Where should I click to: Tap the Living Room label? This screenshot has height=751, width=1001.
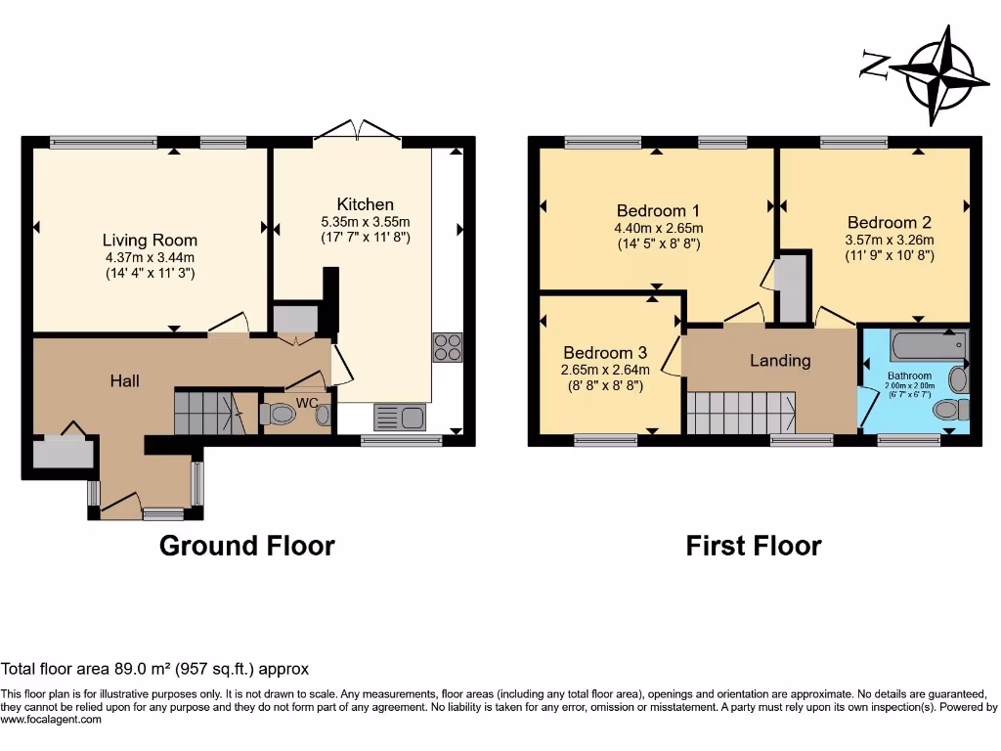150,240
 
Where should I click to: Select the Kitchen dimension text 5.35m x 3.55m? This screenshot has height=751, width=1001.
366,221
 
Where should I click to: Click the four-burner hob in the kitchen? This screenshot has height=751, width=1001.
447,347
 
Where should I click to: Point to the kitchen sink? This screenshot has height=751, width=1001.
399,418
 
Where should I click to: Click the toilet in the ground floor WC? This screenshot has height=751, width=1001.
280,415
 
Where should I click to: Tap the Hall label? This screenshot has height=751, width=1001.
124,380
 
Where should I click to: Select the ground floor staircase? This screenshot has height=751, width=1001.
208,411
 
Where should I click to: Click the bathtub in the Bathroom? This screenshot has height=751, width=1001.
928,345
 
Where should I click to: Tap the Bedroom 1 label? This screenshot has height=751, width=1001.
658,210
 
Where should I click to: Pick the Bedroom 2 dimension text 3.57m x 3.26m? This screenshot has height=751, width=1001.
891,240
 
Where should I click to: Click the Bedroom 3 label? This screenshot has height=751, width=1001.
604,352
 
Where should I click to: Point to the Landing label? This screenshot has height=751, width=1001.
779,361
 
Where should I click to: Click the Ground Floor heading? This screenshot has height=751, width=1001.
246,546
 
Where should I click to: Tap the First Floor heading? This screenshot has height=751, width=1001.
753,546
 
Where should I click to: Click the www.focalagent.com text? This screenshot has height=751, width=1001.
51,720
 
